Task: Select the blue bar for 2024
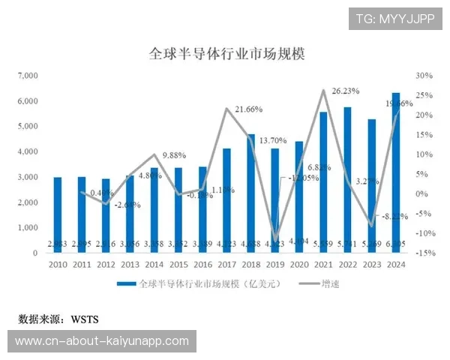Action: (397, 172)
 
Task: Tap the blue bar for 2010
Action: (58, 214)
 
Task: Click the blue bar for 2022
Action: (348, 180)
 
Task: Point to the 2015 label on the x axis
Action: (178, 265)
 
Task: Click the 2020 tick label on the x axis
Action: (299, 265)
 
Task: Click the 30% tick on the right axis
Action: (424, 76)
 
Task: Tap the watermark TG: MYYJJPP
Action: (395, 19)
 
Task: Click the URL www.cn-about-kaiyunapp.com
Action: (102, 341)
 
